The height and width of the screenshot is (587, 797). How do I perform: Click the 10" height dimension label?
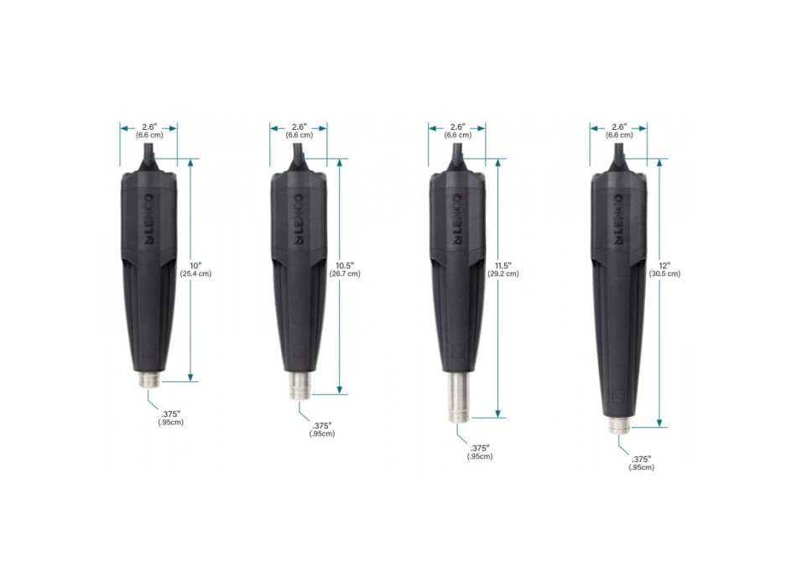(195, 265)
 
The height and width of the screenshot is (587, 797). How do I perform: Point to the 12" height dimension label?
(664, 265)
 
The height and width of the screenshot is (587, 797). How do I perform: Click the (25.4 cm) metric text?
(195, 273)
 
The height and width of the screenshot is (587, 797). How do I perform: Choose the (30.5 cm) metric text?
(664, 273)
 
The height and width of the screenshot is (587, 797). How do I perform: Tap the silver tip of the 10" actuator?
(150, 380)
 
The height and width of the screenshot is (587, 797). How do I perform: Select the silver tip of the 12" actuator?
(619, 426)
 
